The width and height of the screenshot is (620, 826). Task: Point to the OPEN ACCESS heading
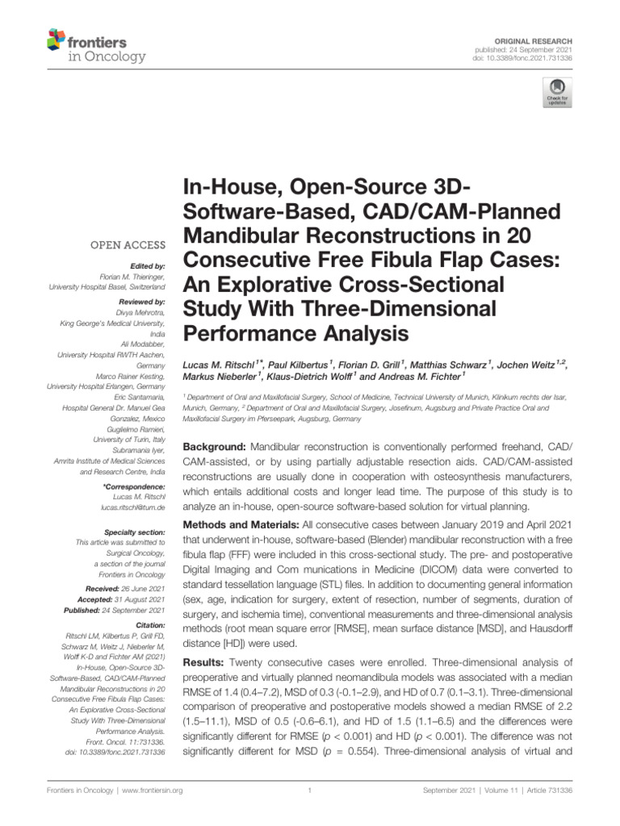coord(129,245)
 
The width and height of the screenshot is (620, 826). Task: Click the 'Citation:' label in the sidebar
coord(150,625)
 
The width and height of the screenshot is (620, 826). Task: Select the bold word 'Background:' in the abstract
coord(214,447)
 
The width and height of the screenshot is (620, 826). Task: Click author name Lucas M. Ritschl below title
coord(222,366)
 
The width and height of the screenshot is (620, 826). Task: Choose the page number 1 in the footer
coord(310,791)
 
